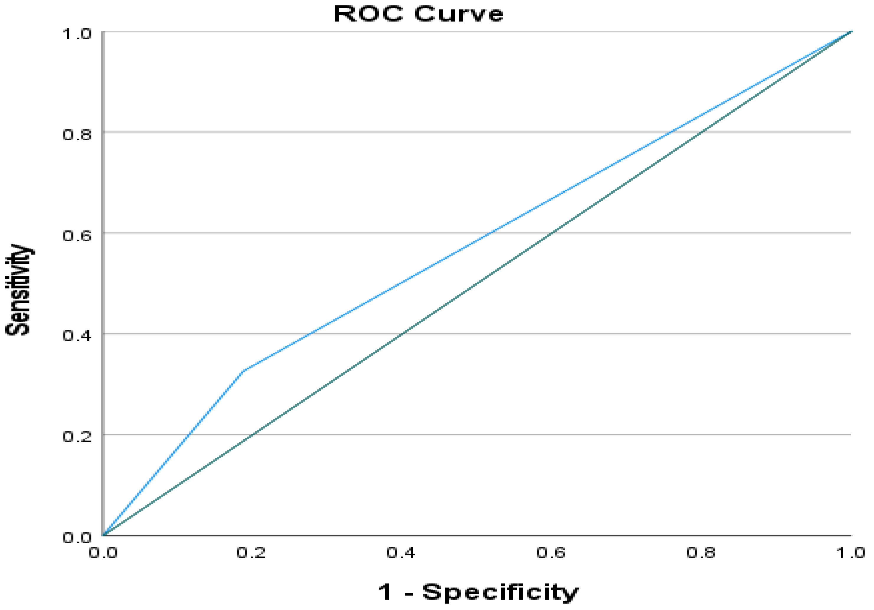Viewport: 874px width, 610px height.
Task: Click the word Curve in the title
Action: click(x=459, y=14)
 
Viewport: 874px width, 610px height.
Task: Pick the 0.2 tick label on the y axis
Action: click(x=77, y=436)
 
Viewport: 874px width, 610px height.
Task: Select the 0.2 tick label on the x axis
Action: click(x=251, y=552)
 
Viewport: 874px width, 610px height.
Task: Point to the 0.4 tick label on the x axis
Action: click(x=401, y=552)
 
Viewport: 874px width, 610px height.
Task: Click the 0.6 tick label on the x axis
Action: click(x=551, y=552)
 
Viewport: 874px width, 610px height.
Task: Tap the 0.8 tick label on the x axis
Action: click(x=701, y=552)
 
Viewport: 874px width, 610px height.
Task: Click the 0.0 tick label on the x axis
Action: click(x=103, y=552)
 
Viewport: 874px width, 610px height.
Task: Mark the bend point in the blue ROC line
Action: click(x=242, y=371)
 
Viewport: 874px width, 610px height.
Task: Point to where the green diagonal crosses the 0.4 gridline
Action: click(x=403, y=334)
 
